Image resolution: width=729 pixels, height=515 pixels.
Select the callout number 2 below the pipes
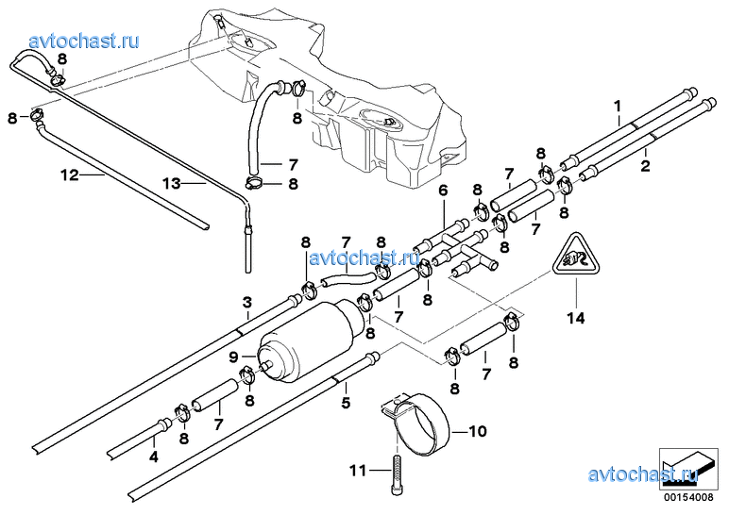click(x=646, y=166)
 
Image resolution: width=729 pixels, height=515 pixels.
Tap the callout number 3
click(x=246, y=302)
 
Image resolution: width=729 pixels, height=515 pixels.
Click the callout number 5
click(x=346, y=403)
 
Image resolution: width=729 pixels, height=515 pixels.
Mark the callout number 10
click(x=476, y=433)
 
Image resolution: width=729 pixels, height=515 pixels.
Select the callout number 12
click(x=68, y=174)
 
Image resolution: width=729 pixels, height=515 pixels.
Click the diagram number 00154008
click(x=682, y=497)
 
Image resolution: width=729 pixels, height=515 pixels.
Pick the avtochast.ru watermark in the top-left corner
click(x=85, y=41)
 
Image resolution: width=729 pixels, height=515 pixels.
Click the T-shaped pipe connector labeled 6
click(x=467, y=246)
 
